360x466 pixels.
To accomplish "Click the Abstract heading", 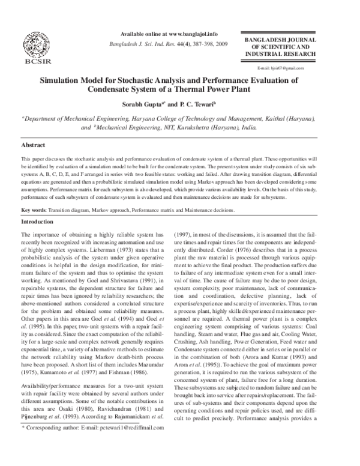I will (34, 145).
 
